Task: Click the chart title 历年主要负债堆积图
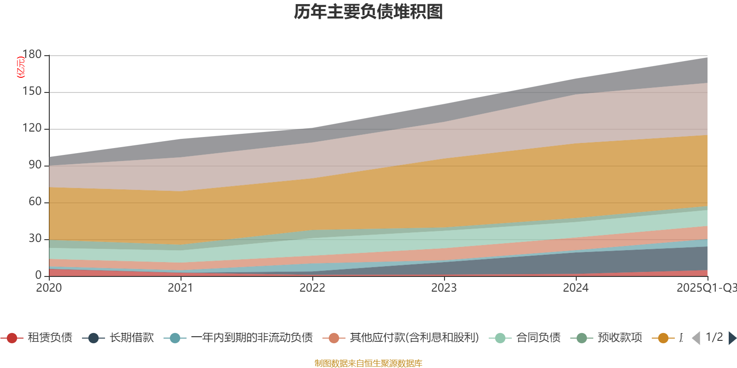(368, 12)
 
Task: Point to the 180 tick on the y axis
(32, 54)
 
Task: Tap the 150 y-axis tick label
(32, 91)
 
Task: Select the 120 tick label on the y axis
(32, 128)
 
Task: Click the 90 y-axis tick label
(35, 165)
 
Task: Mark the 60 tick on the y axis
(35, 201)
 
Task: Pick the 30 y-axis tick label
(35, 238)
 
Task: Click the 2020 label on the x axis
(49, 287)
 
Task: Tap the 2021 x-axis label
(181, 287)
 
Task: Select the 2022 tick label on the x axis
(312, 287)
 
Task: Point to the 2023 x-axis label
(444, 287)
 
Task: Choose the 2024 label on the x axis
(576, 287)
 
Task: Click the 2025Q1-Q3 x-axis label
(706, 287)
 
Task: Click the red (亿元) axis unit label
(20, 67)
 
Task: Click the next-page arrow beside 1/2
(732, 338)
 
